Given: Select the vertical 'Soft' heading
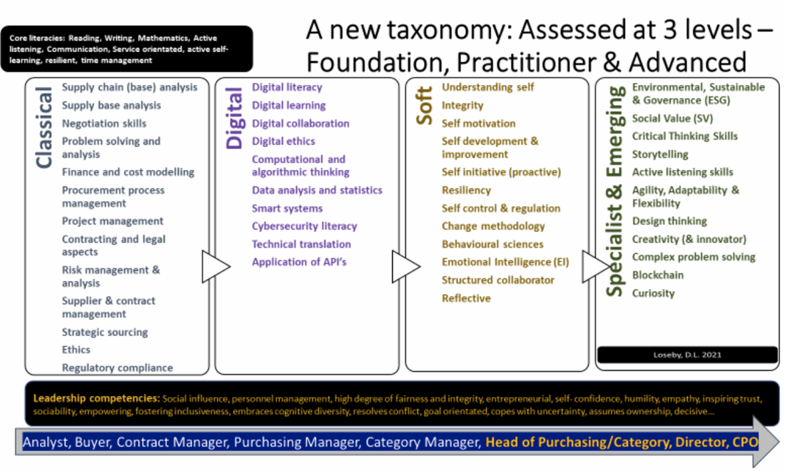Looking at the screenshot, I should [425, 106].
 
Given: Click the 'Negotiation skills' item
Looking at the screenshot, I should [104, 123].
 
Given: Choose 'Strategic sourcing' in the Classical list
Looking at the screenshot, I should [105, 332].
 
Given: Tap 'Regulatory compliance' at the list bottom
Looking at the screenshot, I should [117, 368].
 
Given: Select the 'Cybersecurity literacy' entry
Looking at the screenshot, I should [304, 226].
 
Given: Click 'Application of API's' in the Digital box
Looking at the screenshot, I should [299, 262].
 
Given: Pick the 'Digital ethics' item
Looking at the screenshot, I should [283, 141].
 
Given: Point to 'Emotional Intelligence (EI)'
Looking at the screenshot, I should [505, 262].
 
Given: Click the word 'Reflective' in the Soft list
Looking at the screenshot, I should [466, 298].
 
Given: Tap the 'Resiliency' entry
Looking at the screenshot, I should [466, 191].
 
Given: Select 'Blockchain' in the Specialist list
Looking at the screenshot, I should [657, 275].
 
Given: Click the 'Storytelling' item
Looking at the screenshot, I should [660, 154].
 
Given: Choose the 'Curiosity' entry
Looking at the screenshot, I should [653, 293].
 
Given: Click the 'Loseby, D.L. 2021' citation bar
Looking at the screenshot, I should [687, 355].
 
